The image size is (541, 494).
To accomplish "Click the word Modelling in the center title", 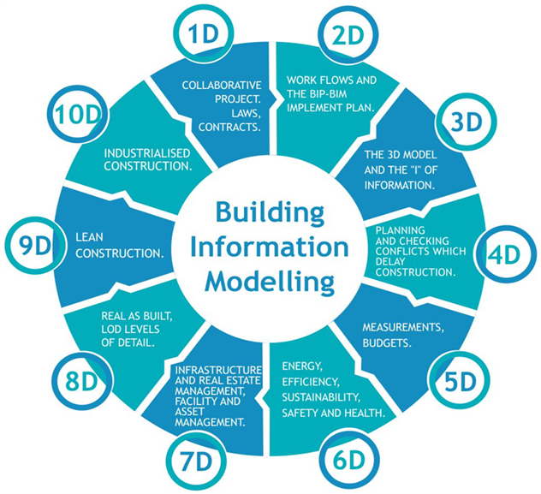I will tap(270, 279).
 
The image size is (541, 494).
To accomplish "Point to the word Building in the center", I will tap(270, 211).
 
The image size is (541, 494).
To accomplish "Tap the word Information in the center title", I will tap(270, 246).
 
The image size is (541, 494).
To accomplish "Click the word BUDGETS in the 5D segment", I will tap(389, 342).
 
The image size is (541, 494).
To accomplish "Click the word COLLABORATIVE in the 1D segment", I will tap(223, 85).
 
